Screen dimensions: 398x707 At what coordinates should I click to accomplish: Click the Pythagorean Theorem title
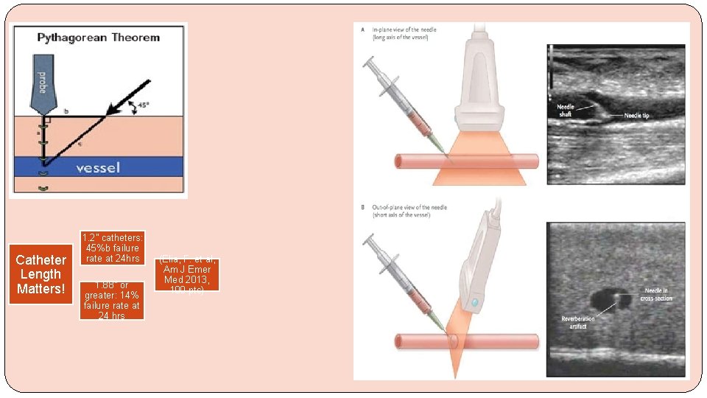[98, 38]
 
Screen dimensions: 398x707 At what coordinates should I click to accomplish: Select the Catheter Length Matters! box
[41, 274]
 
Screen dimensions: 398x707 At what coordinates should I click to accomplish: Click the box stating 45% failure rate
[112, 248]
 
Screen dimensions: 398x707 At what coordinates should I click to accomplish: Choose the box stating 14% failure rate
[112, 300]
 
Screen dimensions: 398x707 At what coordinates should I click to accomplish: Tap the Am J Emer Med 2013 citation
[187, 273]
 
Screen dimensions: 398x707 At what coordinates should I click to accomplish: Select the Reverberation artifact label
[577, 322]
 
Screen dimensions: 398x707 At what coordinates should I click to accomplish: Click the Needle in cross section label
[655, 294]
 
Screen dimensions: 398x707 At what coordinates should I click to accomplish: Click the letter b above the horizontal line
[66, 111]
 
